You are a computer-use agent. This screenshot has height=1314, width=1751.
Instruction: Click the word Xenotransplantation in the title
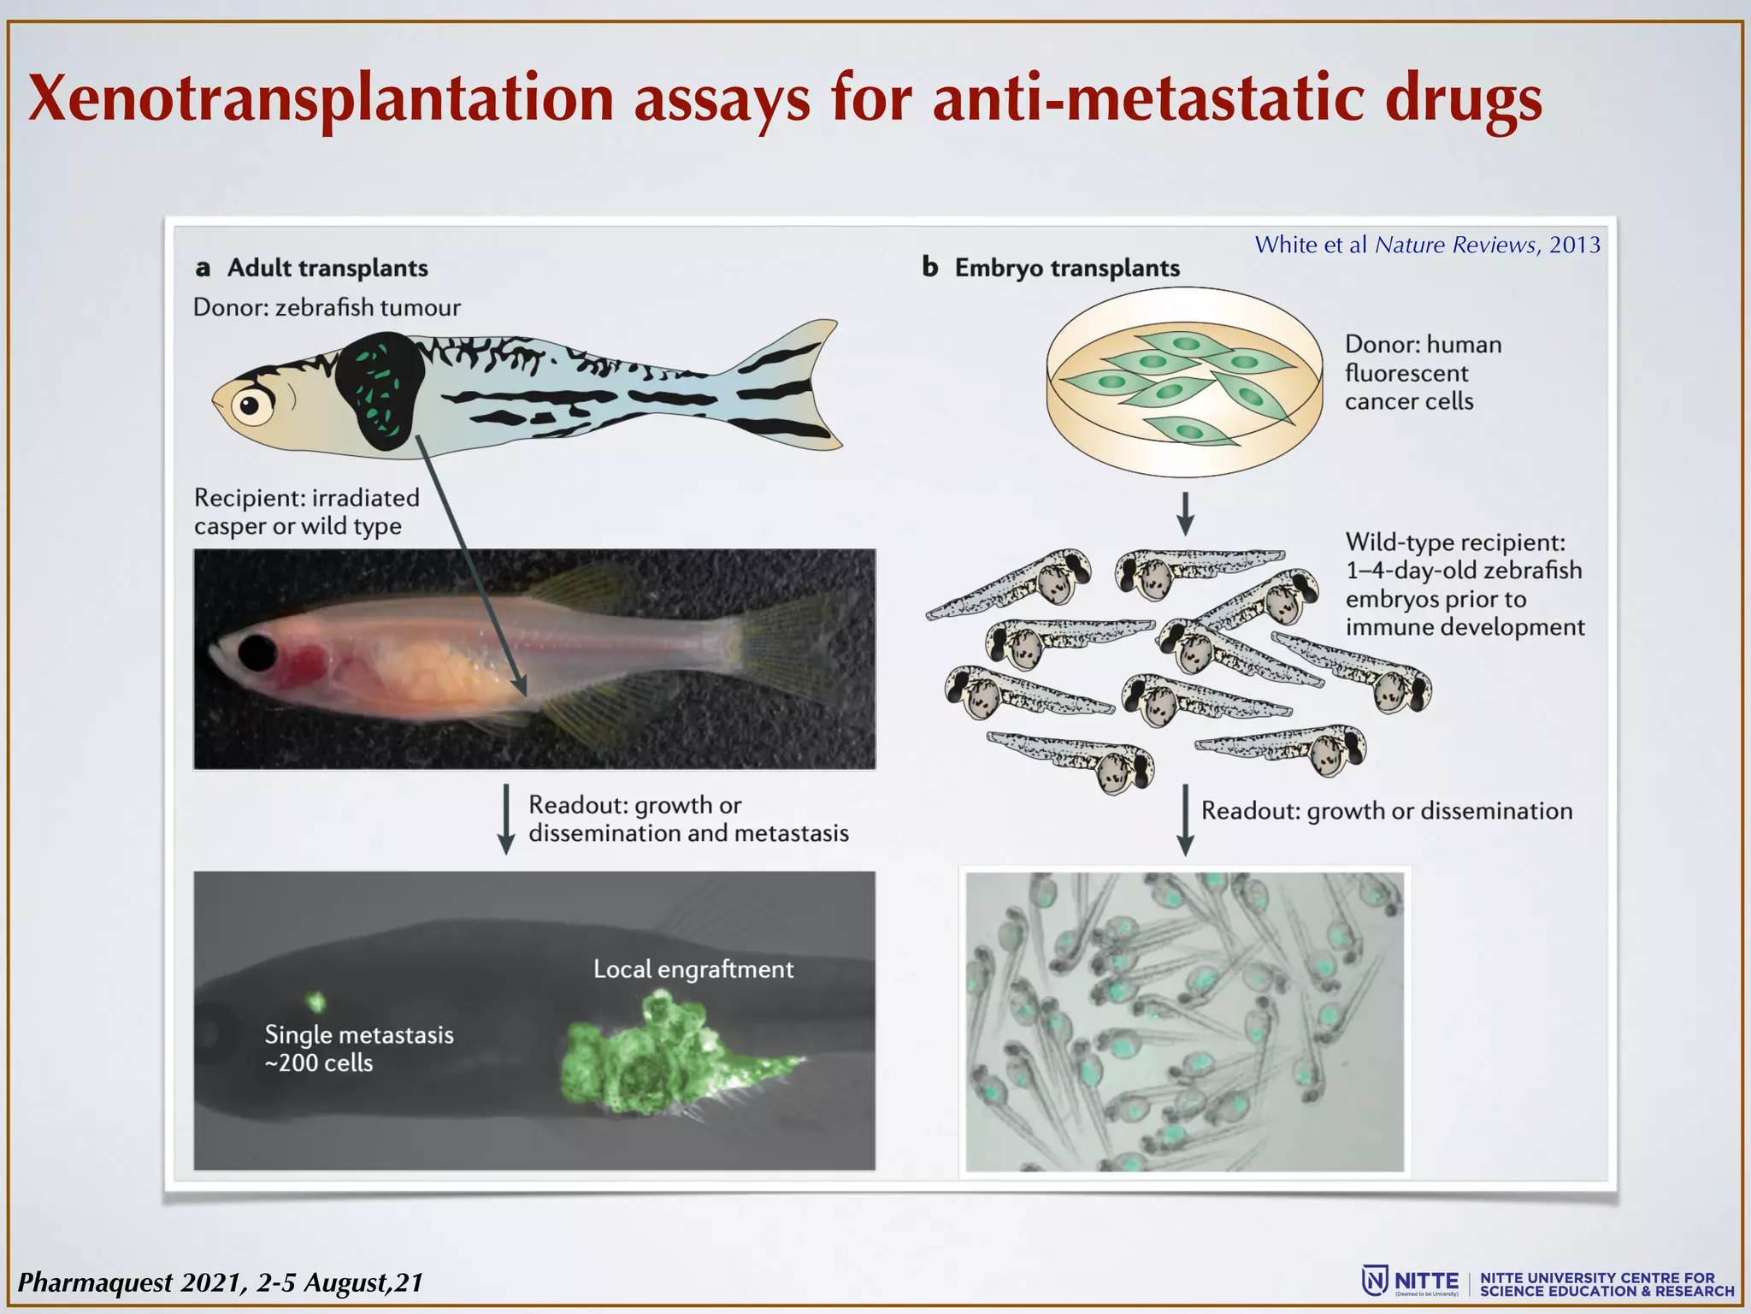pos(321,98)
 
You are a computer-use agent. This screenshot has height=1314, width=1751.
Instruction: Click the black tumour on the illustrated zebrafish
pos(380,390)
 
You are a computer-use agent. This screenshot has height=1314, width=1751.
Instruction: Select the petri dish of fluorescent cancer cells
pos(1184,381)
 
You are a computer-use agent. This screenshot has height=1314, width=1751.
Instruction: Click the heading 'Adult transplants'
pos(327,268)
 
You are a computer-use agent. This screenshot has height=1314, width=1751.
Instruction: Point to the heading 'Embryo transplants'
pos(1066,268)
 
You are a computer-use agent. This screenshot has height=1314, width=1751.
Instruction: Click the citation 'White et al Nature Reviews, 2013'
pos(1427,245)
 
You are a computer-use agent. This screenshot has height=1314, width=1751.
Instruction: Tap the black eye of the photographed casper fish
pos(256,653)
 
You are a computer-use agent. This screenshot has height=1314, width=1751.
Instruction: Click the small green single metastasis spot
pos(316,1001)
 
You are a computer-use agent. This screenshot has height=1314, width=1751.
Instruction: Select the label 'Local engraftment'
pos(693,969)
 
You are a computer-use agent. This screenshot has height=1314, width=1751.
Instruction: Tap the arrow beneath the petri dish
pos(1185,513)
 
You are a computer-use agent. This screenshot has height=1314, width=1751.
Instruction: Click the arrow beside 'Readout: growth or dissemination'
pos(1185,820)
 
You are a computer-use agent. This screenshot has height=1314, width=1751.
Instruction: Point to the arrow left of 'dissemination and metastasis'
pos(506,819)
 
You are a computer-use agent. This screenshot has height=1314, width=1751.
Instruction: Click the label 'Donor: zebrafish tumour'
pos(327,307)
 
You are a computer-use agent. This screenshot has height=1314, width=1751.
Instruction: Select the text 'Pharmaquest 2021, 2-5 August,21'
pos(221,1282)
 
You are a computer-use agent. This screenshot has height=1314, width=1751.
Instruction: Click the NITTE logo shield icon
pos(1374,1281)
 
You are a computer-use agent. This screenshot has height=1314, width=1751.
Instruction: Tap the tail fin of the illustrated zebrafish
pos(791,385)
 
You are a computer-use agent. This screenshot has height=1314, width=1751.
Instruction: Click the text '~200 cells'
pos(319,1063)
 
